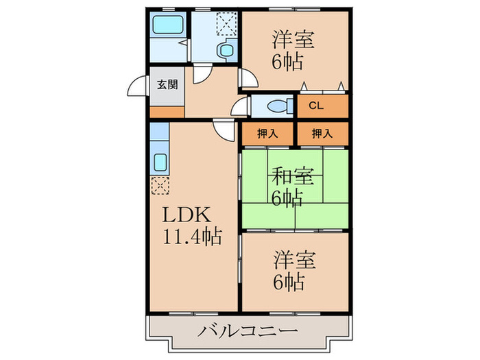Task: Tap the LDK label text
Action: point(183,215)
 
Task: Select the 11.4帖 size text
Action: point(191,237)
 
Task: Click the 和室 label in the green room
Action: point(295,177)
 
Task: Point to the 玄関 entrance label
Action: point(167,85)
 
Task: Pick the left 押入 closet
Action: point(267,134)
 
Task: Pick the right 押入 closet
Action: point(322,134)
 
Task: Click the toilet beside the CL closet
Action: point(278,106)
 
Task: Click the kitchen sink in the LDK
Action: point(160,163)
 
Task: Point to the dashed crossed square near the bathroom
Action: point(226,23)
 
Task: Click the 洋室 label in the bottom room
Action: point(295,260)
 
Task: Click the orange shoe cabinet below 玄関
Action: point(167,111)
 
